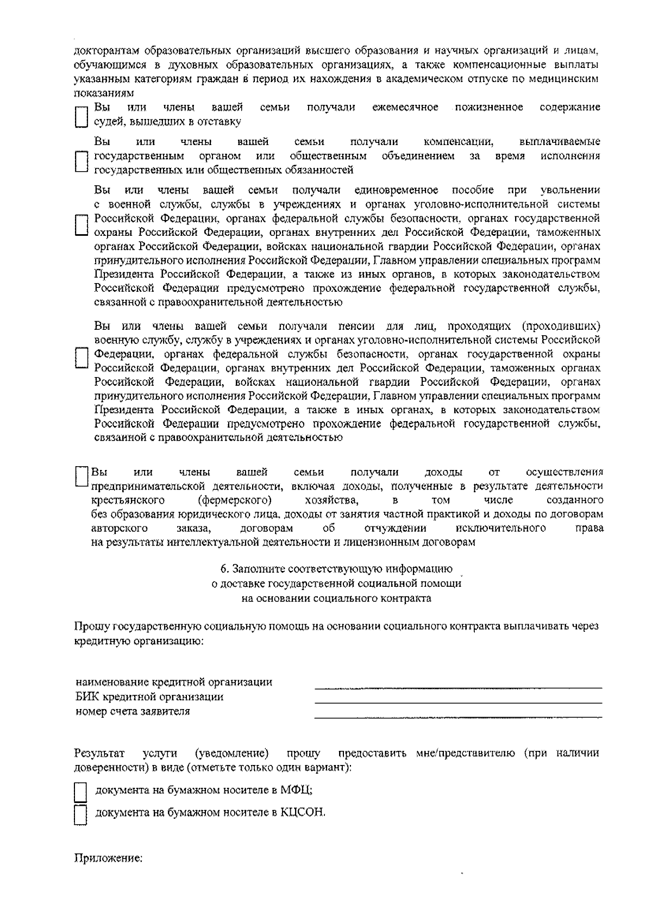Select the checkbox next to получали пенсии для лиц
click(80, 357)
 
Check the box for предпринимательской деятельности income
click(81, 476)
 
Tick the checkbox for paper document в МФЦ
click(80, 792)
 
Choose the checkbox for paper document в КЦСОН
click(80, 814)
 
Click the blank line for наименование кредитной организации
click(458, 687)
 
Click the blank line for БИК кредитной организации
click(458, 702)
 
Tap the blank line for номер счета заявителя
click(458, 717)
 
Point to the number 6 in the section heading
click(223, 569)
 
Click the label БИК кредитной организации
click(149, 697)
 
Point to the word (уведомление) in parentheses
click(232, 754)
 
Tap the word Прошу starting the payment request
click(92, 626)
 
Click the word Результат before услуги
click(99, 754)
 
